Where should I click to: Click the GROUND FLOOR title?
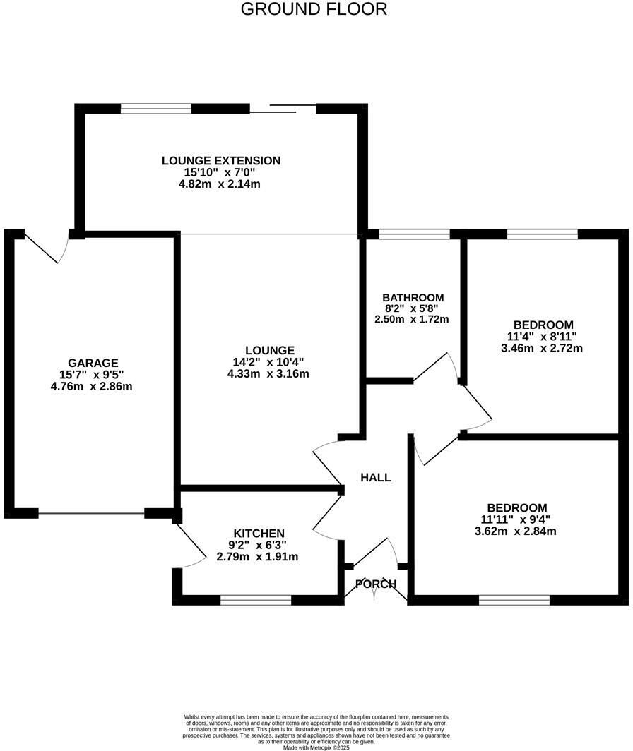pyautogui.click(x=314, y=9)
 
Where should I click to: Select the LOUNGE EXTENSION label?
pyautogui.click(x=221, y=161)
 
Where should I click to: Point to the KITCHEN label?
pyautogui.click(x=259, y=533)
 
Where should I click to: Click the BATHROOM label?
pyautogui.click(x=413, y=297)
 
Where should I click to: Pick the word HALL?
pyautogui.click(x=376, y=478)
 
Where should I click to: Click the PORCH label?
pyautogui.click(x=376, y=584)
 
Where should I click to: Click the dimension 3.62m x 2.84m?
pyautogui.click(x=516, y=531)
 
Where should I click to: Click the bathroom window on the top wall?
pyautogui.click(x=415, y=234)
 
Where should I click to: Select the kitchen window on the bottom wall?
pyautogui.click(x=256, y=600)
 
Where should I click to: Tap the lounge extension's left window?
pyautogui.click(x=156, y=109)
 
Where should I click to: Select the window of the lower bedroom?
pyautogui.click(x=514, y=600)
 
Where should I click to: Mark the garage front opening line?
pyautogui.click(x=92, y=514)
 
